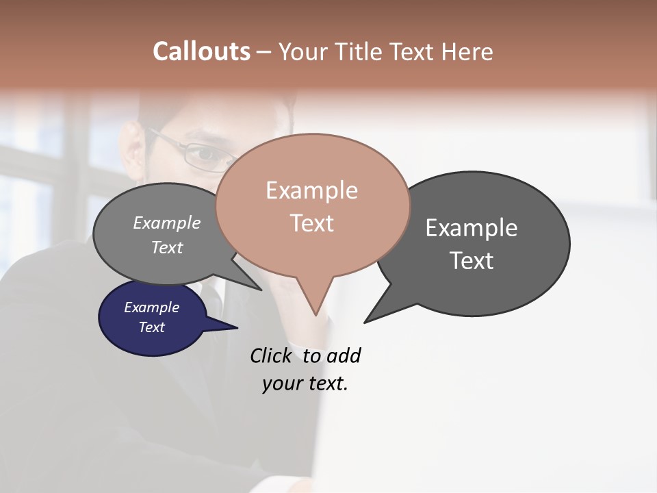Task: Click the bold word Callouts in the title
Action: click(x=201, y=51)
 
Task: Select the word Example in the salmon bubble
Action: click(x=311, y=190)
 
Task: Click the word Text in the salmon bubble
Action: click(x=311, y=223)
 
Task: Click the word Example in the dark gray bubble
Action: click(x=471, y=228)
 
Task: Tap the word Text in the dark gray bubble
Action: click(x=471, y=260)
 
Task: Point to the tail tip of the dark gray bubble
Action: click(x=365, y=322)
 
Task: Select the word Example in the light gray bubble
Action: click(x=166, y=223)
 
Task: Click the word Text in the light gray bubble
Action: click(x=166, y=247)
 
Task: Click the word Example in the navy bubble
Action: click(x=151, y=307)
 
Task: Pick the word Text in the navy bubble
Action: click(x=151, y=327)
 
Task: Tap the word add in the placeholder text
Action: click(x=344, y=355)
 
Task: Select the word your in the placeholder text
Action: click(x=282, y=383)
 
